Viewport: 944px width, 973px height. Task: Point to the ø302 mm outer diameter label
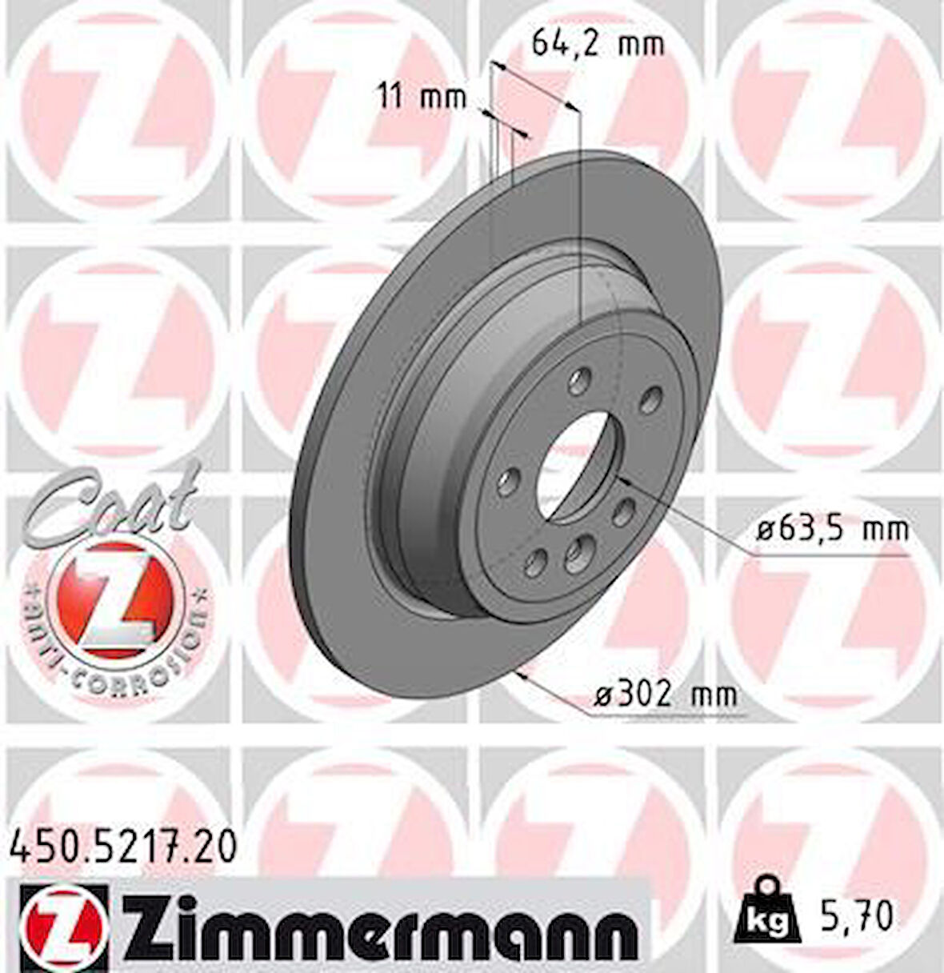pos(663,695)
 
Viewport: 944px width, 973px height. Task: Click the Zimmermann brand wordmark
pos(375,922)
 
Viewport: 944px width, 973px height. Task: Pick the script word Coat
pos(112,503)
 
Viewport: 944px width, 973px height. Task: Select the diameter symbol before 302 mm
pos(602,695)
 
